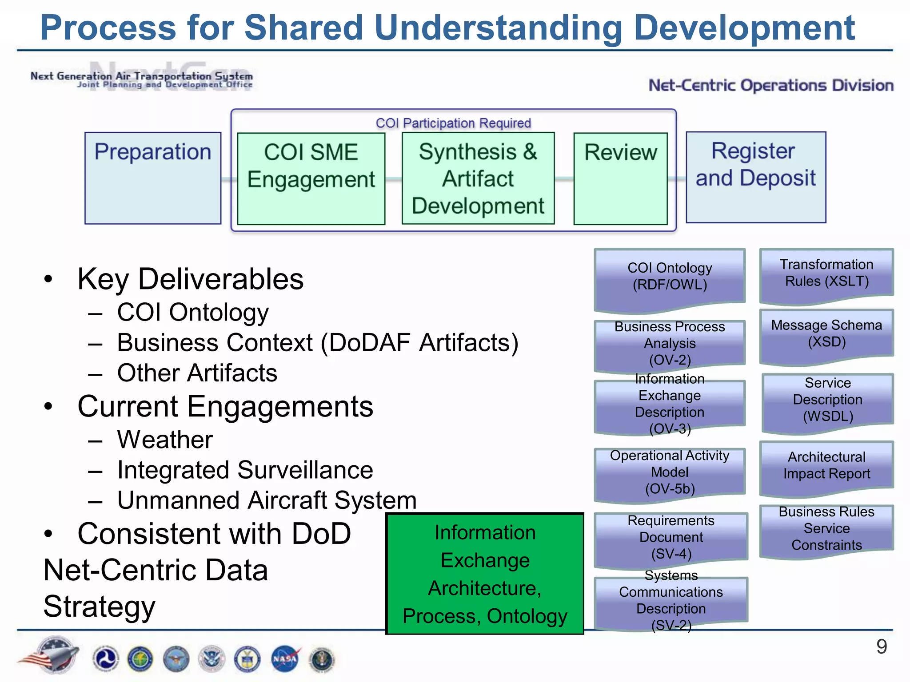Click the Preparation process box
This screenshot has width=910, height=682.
153,178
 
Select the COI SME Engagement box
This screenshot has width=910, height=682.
311,178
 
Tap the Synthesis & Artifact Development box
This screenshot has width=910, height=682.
478,178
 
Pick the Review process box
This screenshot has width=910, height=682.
620,178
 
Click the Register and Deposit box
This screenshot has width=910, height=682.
755,177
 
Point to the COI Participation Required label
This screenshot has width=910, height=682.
453,123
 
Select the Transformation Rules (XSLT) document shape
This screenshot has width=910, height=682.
826,274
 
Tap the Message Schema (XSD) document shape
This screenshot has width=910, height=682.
826,334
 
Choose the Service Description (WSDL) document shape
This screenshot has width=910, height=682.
827,400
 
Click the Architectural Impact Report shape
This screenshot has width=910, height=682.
826,465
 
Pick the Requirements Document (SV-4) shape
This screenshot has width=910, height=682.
671,537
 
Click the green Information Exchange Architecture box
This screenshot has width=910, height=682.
485,574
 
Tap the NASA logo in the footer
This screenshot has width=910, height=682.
285,658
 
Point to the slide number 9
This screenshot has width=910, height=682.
882,646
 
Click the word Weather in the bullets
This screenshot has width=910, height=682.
165,440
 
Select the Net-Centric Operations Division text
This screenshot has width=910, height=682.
771,85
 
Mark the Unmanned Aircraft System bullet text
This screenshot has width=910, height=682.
267,500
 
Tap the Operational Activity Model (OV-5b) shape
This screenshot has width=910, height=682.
670,472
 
